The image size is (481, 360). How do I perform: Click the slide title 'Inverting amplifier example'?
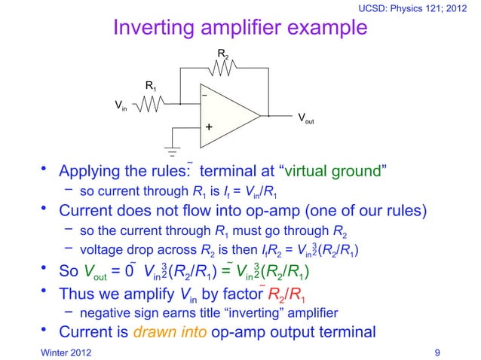240,28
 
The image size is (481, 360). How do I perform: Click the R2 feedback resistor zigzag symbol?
224,68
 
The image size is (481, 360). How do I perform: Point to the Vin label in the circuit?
120,105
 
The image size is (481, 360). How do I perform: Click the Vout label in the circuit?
305,119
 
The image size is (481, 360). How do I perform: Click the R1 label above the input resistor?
151,87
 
